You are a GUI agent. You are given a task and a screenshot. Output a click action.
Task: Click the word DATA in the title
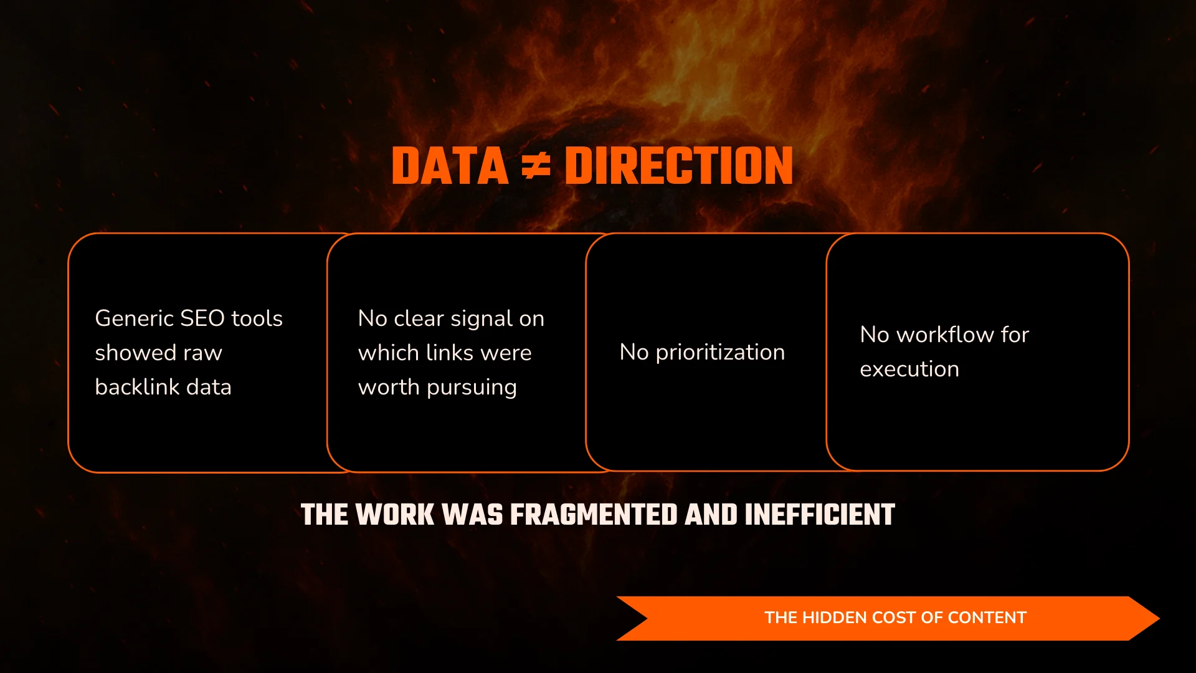tap(450, 166)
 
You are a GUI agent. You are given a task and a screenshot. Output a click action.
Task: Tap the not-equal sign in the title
tap(536, 166)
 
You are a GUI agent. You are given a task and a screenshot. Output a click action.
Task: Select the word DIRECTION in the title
tap(679, 166)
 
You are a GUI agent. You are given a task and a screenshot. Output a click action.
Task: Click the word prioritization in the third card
tap(720, 353)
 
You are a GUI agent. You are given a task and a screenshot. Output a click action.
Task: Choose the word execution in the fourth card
tap(909, 370)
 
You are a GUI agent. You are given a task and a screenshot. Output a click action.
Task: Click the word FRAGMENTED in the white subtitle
tap(594, 515)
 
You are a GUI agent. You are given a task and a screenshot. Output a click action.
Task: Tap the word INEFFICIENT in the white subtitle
tap(820, 515)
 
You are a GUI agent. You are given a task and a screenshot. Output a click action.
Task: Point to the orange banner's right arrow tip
tap(1159, 618)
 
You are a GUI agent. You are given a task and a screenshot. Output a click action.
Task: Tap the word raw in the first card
tap(202, 353)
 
